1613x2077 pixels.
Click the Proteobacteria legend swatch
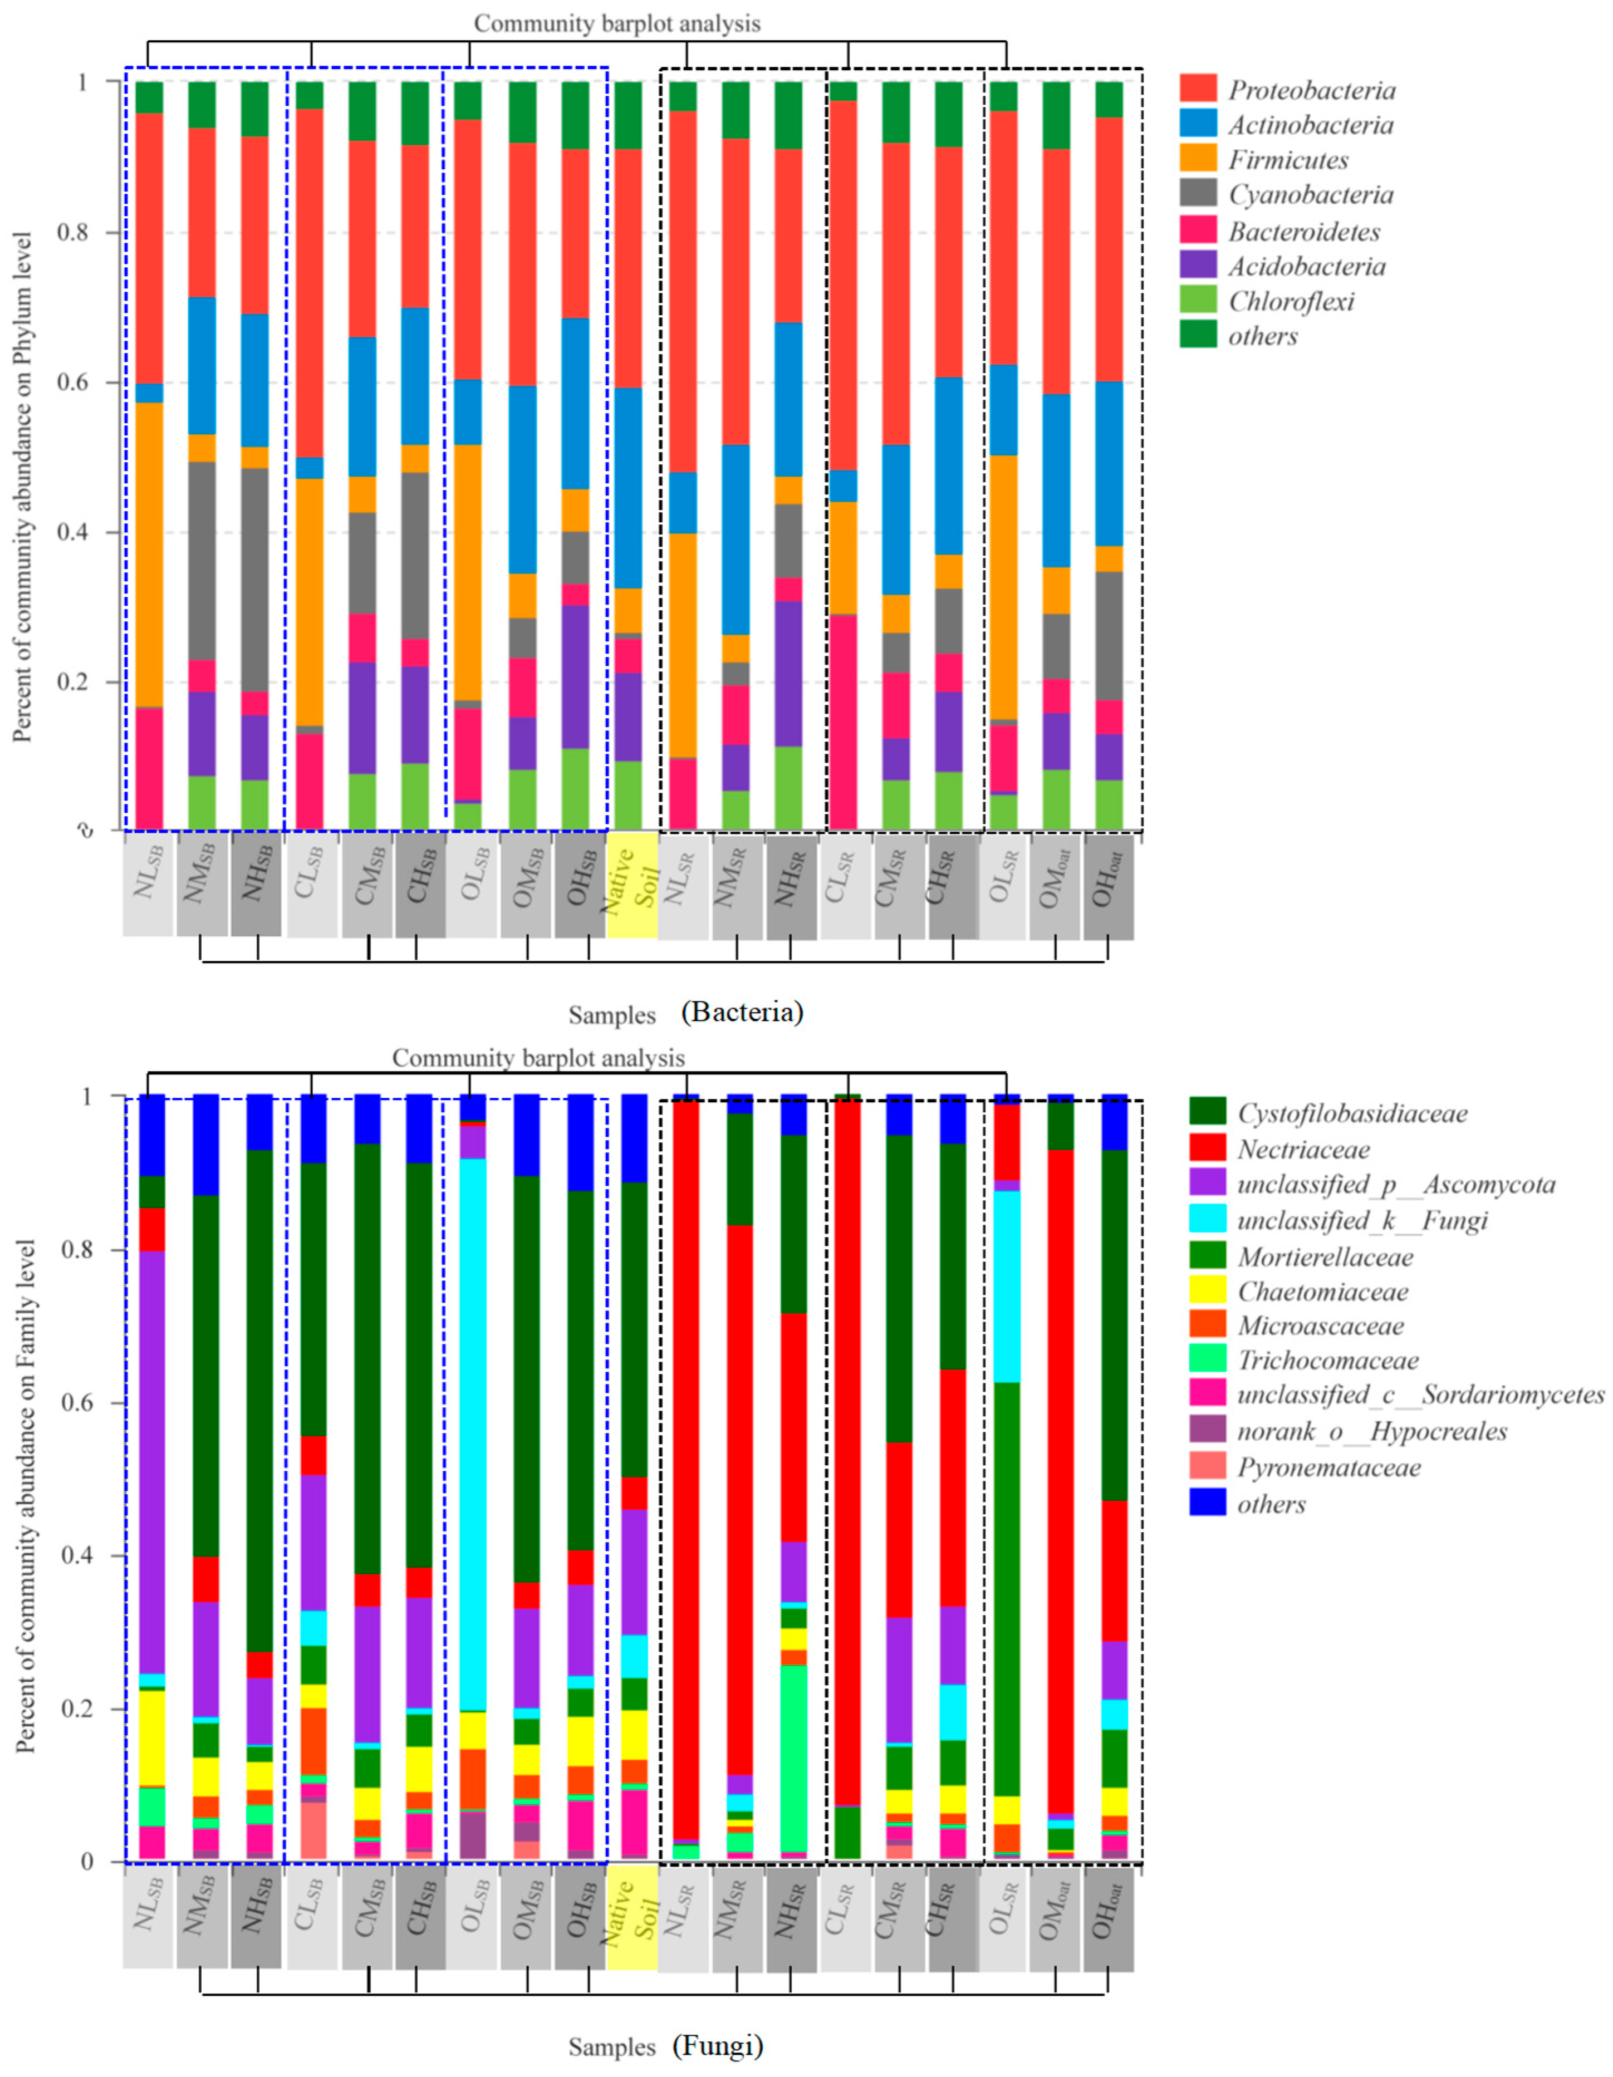pos(1198,90)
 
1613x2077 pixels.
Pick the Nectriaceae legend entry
pos(1303,1150)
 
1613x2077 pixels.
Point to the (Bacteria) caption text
pos(742,1012)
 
